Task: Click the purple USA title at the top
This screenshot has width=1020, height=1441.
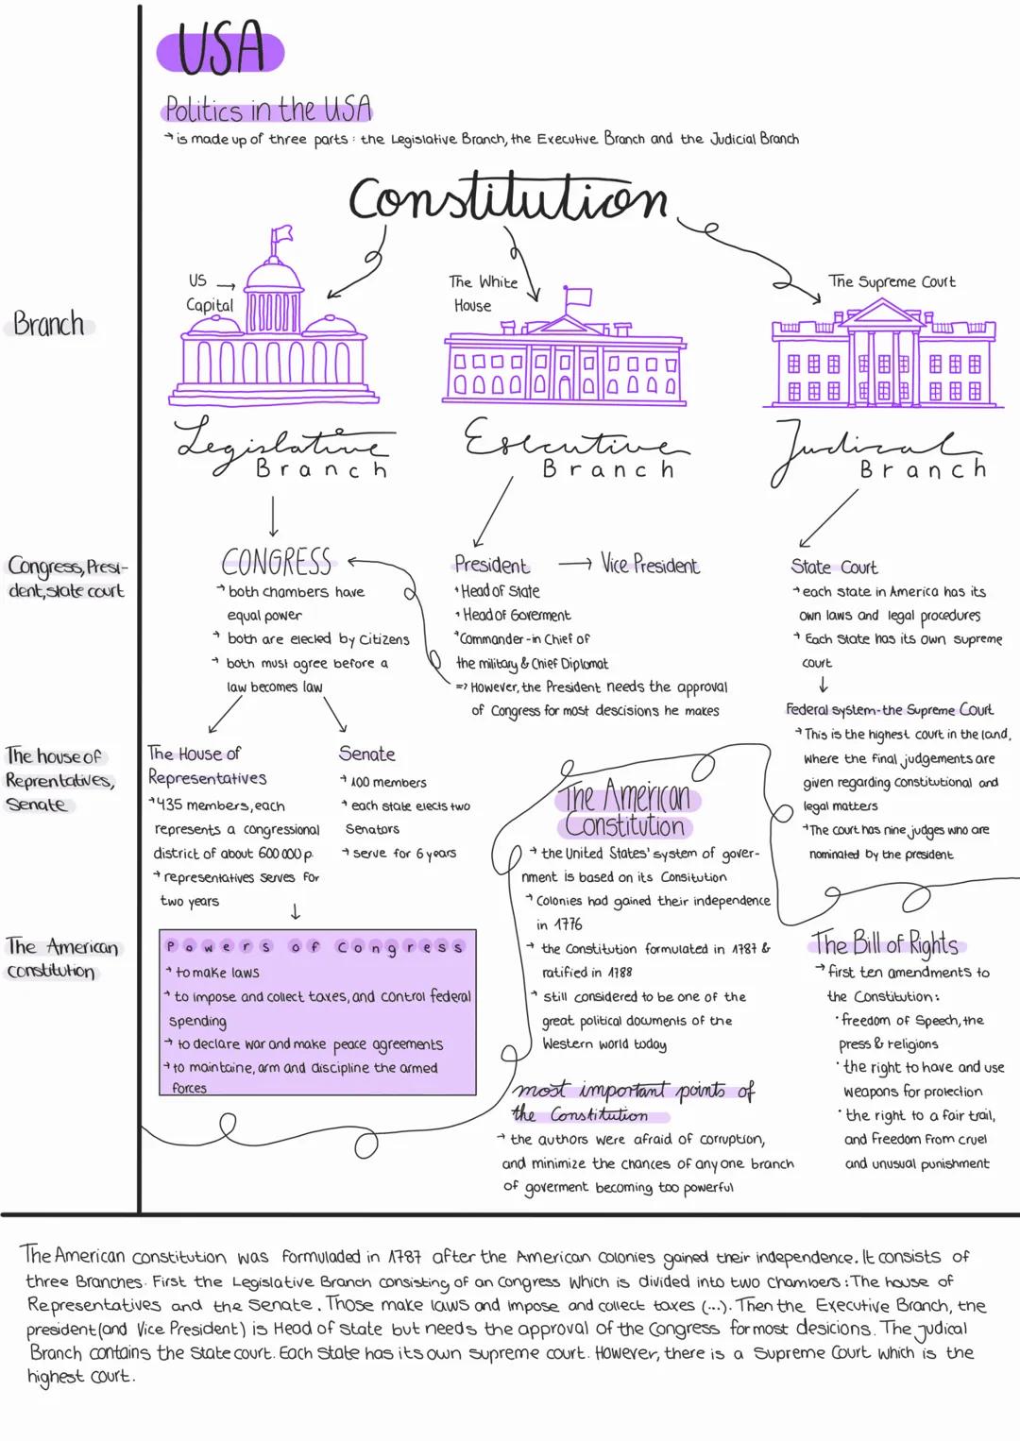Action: click(x=220, y=50)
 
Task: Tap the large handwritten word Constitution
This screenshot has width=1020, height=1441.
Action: click(x=508, y=198)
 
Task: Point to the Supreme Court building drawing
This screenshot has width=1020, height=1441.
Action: click(x=883, y=355)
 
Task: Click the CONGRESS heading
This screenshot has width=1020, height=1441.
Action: click(x=277, y=563)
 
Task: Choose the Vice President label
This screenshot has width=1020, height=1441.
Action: click(x=650, y=566)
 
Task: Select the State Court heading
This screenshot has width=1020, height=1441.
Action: click(x=834, y=567)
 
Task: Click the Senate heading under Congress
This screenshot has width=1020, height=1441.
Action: click(x=366, y=754)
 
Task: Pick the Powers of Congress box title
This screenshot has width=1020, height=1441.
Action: click(x=315, y=946)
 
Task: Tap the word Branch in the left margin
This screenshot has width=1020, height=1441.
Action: click(x=49, y=325)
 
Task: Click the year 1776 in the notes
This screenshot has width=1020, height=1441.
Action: click(x=568, y=924)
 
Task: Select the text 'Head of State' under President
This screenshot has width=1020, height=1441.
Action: click(x=500, y=591)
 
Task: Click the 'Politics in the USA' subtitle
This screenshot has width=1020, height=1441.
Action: click(x=267, y=110)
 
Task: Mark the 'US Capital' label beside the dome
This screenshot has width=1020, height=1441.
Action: click(x=209, y=293)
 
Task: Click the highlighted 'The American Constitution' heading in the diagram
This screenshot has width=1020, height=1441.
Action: click(x=626, y=810)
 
